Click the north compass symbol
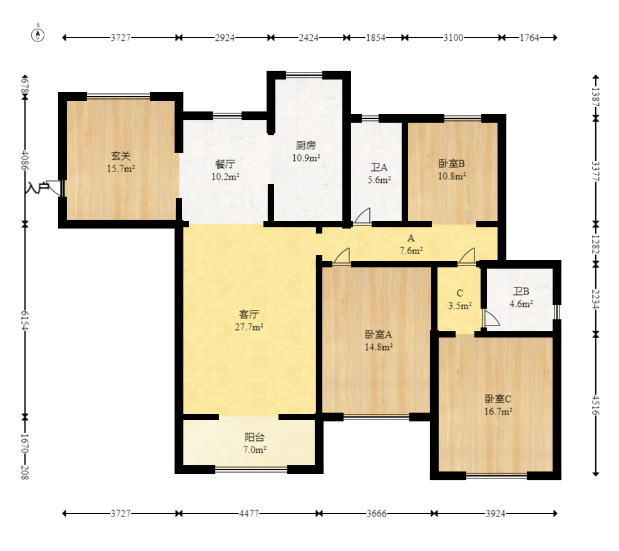38,35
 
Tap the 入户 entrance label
37,187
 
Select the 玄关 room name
121,156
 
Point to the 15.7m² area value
121,168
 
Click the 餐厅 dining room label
225,164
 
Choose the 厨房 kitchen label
305,145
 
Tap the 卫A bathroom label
379,167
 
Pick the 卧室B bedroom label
452,163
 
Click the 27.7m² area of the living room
249,327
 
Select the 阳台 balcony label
254,437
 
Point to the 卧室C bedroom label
498,399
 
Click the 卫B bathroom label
521,292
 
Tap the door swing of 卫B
492,318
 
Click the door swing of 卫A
362,215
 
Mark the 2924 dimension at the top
225,38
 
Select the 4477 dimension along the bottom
249,513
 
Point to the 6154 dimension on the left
25,321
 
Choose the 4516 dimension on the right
596,404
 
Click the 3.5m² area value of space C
460,306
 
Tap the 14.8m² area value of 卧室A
379,347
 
